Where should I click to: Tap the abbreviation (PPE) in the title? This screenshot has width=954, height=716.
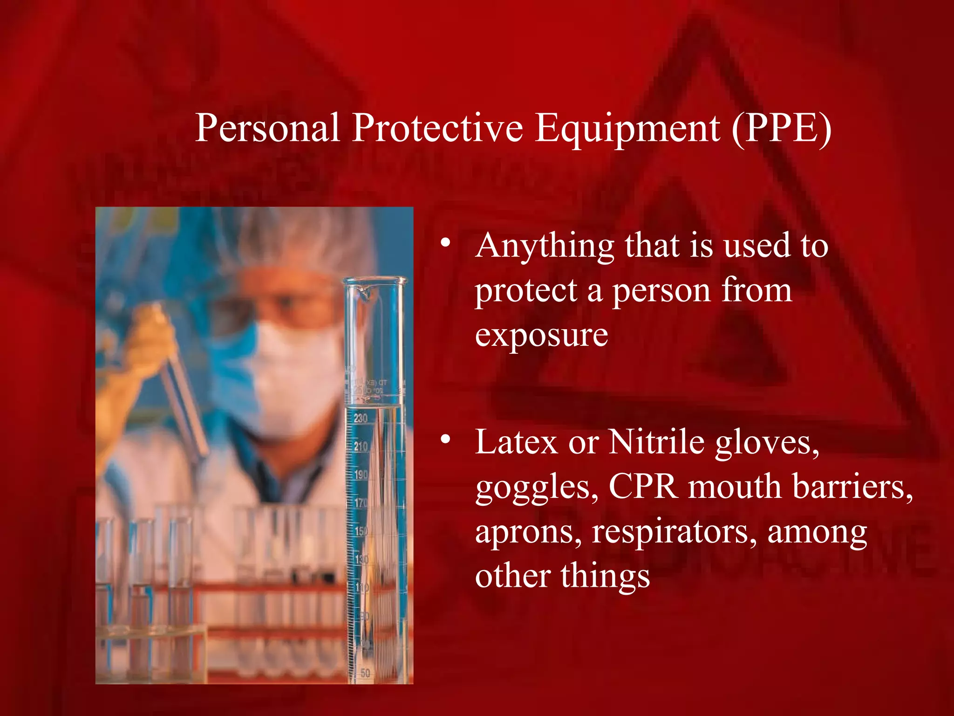781,128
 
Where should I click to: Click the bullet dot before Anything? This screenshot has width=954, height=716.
446,243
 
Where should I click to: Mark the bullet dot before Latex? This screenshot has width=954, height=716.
446,439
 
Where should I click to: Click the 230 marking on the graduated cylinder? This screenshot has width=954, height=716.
361,418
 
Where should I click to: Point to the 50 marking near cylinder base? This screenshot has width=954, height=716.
365,673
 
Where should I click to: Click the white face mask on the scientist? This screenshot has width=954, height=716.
298,373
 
